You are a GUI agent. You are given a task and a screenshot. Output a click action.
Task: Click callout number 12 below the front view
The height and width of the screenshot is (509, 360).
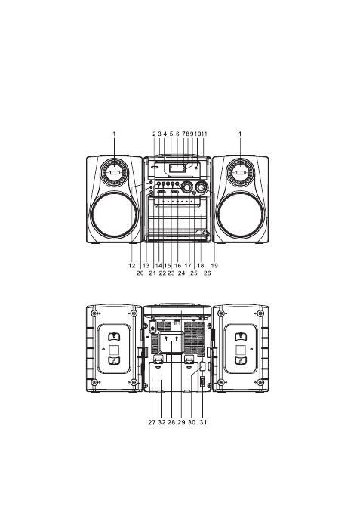click(131, 266)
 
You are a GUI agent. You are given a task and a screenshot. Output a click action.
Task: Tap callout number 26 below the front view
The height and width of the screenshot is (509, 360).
click(208, 273)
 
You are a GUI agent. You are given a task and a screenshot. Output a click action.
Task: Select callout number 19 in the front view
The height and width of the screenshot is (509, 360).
click(214, 266)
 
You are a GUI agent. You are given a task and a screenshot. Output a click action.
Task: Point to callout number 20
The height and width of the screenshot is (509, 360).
click(140, 273)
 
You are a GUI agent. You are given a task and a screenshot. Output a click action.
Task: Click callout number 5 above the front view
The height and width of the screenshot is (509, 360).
click(171, 134)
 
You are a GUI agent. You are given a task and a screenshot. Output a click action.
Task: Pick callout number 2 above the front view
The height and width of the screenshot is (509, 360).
click(154, 134)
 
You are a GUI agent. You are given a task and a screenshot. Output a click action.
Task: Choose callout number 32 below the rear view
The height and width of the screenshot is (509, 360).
click(162, 422)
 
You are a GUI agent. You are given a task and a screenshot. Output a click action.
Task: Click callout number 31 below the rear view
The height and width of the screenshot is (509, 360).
click(203, 422)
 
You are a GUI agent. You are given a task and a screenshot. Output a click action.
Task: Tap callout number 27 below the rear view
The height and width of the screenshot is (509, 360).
click(152, 422)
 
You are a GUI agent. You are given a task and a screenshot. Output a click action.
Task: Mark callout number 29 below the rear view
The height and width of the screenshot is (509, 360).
click(181, 422)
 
